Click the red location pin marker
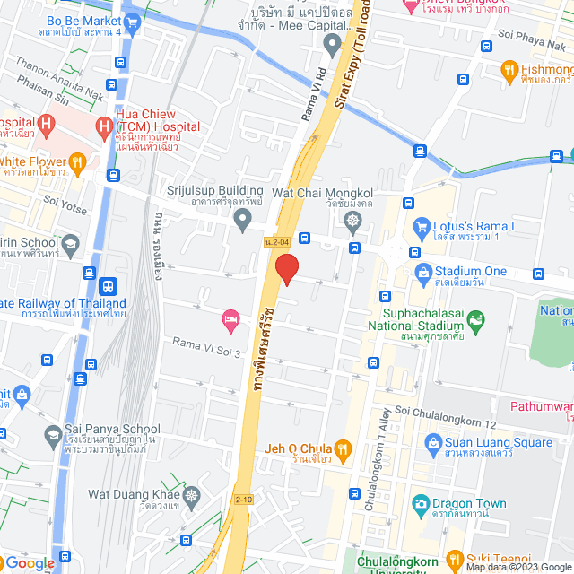tap(286, 269)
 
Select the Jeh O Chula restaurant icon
tap(341, 448)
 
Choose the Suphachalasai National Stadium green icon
tap(476, 319)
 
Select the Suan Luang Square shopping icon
tap(433, 442)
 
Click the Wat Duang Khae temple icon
tap(191, 494)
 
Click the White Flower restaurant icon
tap(78, 161)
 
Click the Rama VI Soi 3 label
tap(207, 347)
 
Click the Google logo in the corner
tap(29, 562)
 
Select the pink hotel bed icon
tap(230, 318)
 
